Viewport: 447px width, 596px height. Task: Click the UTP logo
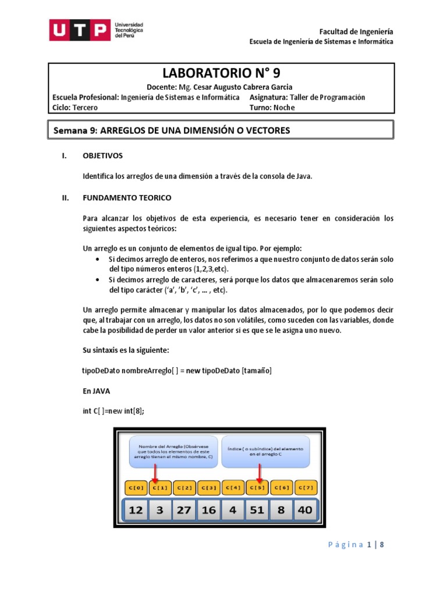coord(96,30)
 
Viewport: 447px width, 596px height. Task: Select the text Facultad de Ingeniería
coord(357,31)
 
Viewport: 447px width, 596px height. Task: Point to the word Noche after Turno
coord(285,108)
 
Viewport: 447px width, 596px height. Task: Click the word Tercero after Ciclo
coord(85,108)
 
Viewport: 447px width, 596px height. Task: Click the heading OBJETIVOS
coord(103,156)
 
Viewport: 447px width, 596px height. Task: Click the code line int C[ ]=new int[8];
coord(113,411)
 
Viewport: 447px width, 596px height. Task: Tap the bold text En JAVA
coord(97,391)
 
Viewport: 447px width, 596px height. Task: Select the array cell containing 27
coord(184,510)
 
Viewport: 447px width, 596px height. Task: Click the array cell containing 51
coord(257,510)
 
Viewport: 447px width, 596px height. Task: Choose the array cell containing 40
coord(304,510)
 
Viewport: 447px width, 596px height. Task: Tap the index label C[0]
coord(136,487)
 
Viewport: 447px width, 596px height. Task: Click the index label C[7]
coord(306,487)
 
